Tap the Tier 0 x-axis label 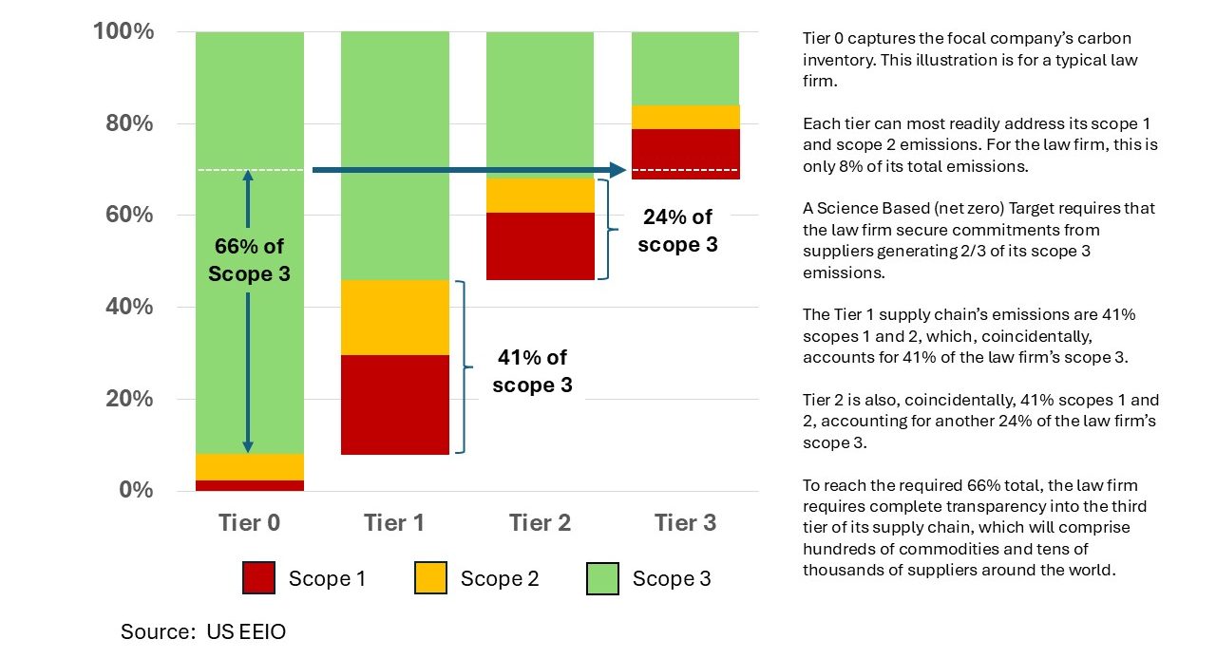(x=249, y=522)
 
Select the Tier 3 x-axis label (x=685, y=522)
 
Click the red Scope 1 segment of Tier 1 (x=394, y=404)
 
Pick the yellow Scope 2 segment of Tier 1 (x=394, y=317)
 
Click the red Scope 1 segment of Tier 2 (x=540, y=246)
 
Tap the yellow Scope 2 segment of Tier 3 (x=685, y=117)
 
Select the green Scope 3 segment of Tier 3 (x=685, y=68)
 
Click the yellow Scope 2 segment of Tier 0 (x=249, y=467)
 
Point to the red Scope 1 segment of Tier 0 (x=249, y=485)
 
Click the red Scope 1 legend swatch (x=259, y=578)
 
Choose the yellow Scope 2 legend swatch (x=431, y=578)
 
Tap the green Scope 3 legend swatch (x=603, y=578)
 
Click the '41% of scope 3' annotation (x=532, y=371)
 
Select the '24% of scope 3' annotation (x=676, y=231)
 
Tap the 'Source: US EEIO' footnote (x=202, y=631)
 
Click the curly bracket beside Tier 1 (x=463, y=367)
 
